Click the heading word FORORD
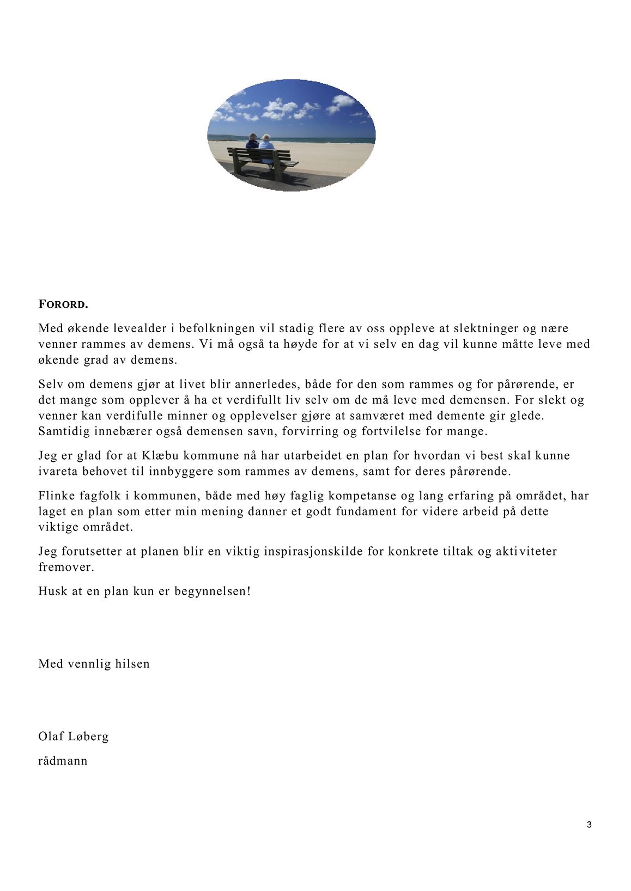[x=63, y=304]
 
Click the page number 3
[x=589, y=825]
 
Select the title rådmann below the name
[x=63, y=761]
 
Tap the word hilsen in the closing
[x=132, y=664]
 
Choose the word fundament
[x=366, y=511]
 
